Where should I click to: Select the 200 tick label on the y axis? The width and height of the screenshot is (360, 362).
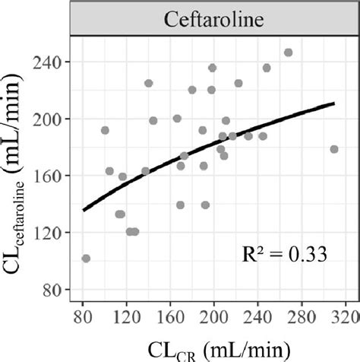tap(51, 119)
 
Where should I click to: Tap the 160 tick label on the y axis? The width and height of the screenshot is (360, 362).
tap(51, 176)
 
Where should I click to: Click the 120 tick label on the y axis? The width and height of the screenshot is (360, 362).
tap(51, 233)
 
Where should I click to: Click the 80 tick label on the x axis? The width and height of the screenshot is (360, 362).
tap(83, 314)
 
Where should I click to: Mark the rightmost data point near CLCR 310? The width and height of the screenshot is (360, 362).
tap(334, 149)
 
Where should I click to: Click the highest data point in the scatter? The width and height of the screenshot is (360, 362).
tap(288, 52)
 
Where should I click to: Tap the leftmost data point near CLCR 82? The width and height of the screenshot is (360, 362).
tap(86, 259)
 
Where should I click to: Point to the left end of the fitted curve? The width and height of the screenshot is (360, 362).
tap(84, 210)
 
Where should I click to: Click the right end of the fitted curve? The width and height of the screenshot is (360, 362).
tap(334, 103)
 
